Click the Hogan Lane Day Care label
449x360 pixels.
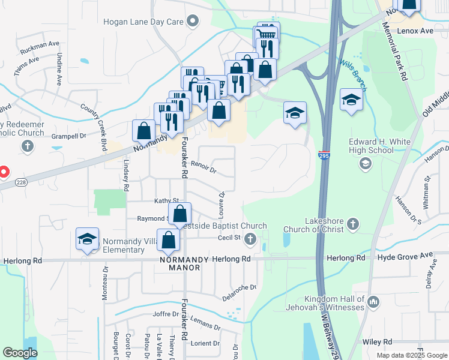pos(143,22)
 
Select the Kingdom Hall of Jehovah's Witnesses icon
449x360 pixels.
pos(373,301)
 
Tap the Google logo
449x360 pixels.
pos(20,353)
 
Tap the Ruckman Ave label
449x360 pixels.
pos(40,44)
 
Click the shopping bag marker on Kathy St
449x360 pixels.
pos(179,213)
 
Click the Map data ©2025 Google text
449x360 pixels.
pos(411,355)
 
